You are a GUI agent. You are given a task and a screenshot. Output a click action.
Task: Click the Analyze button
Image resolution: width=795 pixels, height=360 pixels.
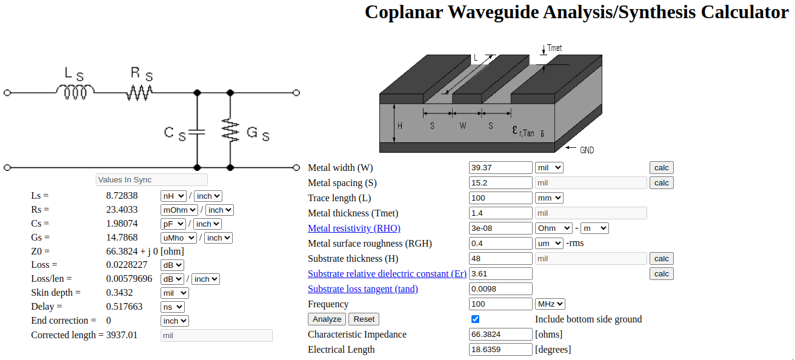[x=327, y=319]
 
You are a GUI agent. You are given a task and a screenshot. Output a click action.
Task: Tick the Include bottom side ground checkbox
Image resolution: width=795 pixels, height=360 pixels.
[x=475, y=319]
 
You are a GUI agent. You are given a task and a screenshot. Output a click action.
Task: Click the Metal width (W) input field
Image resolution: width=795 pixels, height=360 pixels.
[x=501, y=168]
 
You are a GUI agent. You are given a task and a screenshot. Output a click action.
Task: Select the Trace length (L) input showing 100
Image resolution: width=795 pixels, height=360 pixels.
[x=501, y=198]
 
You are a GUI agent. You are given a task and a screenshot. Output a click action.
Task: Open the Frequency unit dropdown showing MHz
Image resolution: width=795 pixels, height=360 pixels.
[x=550, y=304]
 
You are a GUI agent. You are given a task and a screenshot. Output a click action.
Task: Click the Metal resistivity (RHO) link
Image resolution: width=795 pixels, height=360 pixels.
[x=354, y=228]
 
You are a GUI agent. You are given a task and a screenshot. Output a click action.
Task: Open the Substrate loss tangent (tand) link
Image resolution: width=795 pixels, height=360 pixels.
[x=362, y=289]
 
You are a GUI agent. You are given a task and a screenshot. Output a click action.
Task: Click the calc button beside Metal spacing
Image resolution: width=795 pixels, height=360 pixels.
[x=661, y=183]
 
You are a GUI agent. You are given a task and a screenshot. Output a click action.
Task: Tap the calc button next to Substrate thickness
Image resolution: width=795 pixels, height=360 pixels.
[x=661, y=259]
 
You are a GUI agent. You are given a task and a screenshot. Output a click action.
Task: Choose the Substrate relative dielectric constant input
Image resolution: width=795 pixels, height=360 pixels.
[x=501, y=274]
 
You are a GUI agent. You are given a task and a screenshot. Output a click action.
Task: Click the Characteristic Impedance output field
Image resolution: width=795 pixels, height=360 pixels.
[x=501, y=335]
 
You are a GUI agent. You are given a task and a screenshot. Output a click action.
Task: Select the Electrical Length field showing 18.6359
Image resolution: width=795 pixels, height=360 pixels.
[x=501, y=350]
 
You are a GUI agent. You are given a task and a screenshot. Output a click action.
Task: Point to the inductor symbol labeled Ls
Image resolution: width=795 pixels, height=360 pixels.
[x=75, y=92]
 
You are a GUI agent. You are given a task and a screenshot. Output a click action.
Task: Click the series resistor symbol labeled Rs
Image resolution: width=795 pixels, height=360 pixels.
[x=139, y=92]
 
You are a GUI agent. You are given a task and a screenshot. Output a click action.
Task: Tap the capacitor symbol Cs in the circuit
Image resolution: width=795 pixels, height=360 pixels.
[x=197, y=131]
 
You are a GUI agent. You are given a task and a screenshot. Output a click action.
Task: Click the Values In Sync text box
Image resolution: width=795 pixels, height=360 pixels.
[x=151, y=180]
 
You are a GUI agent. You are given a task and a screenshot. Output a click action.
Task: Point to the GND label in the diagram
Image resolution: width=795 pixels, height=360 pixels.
[x=587, y=150]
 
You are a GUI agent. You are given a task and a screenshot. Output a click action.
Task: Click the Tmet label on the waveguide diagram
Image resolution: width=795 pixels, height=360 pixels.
[x=554, y=48]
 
